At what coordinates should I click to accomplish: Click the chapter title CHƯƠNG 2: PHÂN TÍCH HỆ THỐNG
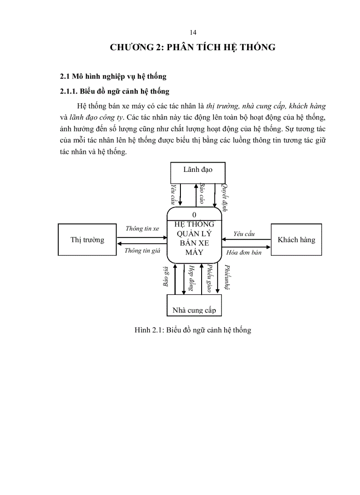point(192,47)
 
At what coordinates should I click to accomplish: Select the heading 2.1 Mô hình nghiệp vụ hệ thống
point(113,76)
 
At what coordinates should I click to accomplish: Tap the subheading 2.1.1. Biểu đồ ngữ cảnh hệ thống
point(115,91)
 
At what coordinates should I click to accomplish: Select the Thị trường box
point(87,239)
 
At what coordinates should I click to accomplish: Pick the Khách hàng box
point(296,240)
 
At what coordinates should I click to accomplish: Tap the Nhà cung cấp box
point(194,305)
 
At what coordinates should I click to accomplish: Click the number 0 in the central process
point(195,215)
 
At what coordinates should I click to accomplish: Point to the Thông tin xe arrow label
point(142,229)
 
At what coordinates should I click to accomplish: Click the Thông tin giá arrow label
point(142,251)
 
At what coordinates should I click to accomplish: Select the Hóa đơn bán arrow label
point(244,253)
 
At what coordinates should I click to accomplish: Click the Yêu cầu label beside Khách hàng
point(244,234)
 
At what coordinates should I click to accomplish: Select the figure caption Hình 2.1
point(192,330)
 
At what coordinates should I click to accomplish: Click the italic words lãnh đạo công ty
point(97,117)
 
